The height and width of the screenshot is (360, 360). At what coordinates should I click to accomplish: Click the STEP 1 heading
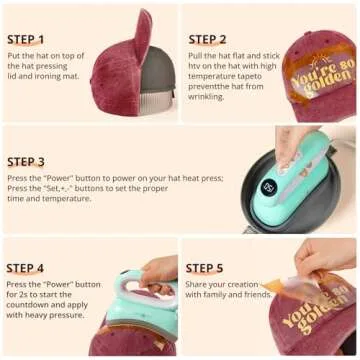coord(26,40)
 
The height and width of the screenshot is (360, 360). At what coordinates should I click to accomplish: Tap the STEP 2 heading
coord(207,40)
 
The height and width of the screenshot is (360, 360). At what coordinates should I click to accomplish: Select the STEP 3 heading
coord(26,162)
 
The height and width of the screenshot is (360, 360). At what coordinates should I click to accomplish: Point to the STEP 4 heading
coord(26,268)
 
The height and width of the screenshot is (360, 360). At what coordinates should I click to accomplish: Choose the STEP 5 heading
coord(204,268)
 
